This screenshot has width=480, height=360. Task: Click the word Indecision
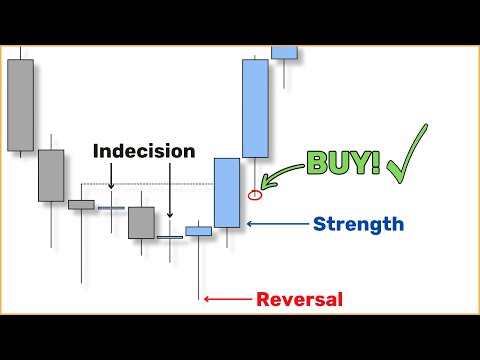144,151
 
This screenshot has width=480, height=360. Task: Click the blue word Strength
358,224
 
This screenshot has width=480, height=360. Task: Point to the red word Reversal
300,298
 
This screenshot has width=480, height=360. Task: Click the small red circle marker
255,193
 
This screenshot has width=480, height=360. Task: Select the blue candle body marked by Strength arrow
227,192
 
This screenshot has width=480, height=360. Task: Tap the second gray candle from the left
51,175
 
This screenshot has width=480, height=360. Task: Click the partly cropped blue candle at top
285,52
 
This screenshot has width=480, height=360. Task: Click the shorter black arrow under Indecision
111,177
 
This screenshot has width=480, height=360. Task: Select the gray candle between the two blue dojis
141,222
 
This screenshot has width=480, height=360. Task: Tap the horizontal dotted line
150,185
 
